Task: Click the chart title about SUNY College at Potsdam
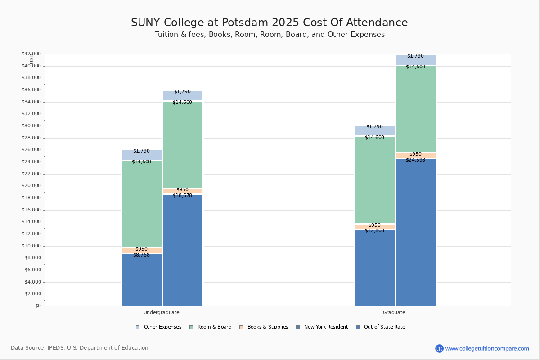click(269, 23)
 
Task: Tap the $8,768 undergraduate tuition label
click(141, 255)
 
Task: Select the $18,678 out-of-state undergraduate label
click(182, 196)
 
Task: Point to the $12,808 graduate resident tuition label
click(374, 231)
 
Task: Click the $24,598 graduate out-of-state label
click(415, 160)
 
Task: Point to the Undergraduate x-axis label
click(162, 312)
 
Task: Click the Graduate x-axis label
click(394, 312)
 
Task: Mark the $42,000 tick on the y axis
click(31, 54)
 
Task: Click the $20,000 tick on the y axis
click(31, 186)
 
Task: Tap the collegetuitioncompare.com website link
click(487, 348)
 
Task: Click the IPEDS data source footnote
click(80, 348)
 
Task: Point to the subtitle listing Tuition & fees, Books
click(270, 35)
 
